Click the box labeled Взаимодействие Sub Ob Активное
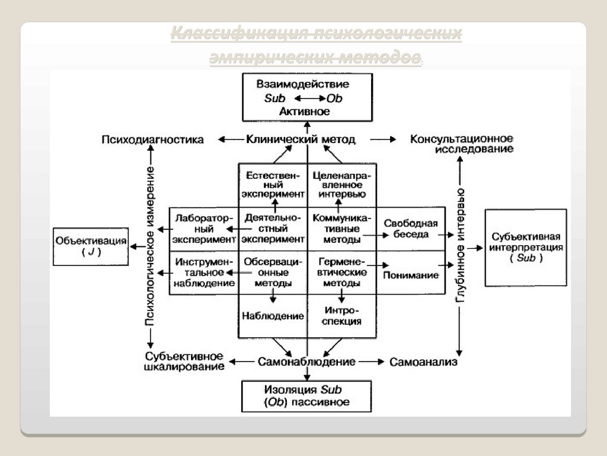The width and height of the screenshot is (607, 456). pyautogui.click(x=307, y=97)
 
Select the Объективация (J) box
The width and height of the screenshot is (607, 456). pyautogui.click(x=91, y=246)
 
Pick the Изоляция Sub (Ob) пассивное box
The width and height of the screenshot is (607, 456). pyautogui.click(x=306, y=396)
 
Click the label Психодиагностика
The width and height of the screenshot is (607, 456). pyautogui.click(x=152, y=140)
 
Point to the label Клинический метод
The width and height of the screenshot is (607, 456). pyautogui.click(x=301, y=140)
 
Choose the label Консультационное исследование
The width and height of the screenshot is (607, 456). pyautogui.click(x=462, y=144)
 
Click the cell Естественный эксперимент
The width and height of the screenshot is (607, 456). pyautogui.click(x=273, y=184)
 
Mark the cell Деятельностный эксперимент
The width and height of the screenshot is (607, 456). pyautogui.click(x=273, y=229)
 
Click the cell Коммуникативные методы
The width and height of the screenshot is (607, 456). pyautogui.click(x=341, y=229)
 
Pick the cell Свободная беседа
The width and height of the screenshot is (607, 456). pyautogui.click(x=410, y=229)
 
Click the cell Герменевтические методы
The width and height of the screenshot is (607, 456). pyautogui.click(x=341, y=273)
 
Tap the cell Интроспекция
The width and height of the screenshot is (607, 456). pyautogui.click(x=341, y=316)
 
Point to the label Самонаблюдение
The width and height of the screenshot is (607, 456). pyautogui.click(x=306, y=362)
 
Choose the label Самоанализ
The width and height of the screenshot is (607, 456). pyautogui.click(x=423, y=362)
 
